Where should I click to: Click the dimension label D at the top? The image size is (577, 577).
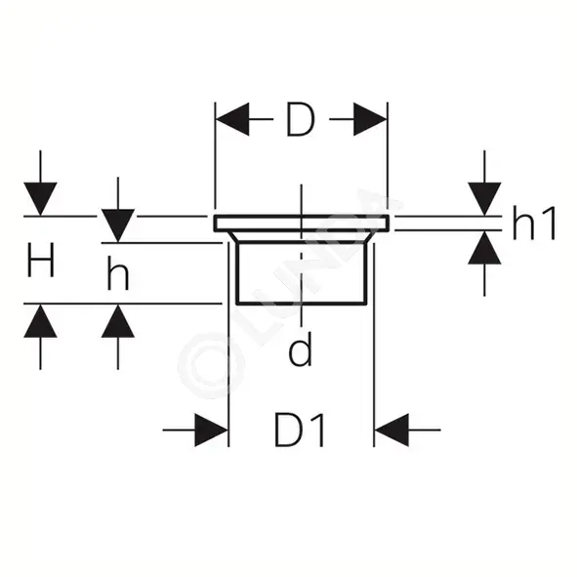coord(301,119)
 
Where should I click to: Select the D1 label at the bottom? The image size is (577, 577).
coord(301,430)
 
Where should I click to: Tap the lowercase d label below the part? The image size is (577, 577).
coord(301,349)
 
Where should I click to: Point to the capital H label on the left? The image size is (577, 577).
coord(41,260)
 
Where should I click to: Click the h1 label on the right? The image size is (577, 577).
coord(534,224)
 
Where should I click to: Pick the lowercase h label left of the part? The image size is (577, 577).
coord(118,272)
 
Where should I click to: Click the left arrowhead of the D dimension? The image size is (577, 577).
coord(232,119)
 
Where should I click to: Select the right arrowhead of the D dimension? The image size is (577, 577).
coord(370,119)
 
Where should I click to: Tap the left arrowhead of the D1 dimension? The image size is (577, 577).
coord(211,430)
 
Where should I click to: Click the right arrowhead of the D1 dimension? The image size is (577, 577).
coord(392,430)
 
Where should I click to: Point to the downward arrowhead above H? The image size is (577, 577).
coord(40,199)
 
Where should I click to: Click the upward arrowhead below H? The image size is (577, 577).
coord(40,321)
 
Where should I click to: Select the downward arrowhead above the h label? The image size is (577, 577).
coord(118,226)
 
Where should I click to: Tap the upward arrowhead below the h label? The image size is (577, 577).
coord(118,321)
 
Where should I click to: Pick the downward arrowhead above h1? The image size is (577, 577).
coord(484,199)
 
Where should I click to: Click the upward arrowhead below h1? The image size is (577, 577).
coord(484,248)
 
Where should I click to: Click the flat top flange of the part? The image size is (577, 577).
coord(302,224)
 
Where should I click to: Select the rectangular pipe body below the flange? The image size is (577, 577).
coord(302,273)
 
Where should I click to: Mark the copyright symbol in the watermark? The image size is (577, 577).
coord(211,365)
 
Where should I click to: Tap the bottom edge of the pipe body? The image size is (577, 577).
coord(302,304)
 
